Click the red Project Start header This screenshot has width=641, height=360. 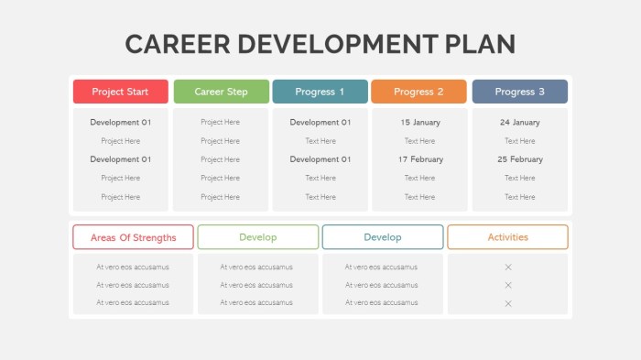[120, 92]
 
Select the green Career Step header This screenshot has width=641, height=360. [221, 92]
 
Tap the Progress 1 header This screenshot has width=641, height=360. [320, 92]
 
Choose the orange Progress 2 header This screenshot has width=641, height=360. [418, 92]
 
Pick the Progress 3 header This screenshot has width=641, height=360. [519, 92]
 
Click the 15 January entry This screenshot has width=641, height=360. [420, 122]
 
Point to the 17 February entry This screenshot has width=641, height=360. [420, 159]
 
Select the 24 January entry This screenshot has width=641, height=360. [519, 122]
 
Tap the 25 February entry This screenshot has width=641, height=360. [519, 159]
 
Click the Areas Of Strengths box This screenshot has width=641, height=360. [133, 237]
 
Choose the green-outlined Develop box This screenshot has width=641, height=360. [257, 237]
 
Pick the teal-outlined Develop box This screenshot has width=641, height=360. [383, 237]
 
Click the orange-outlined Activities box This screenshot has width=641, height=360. [507, 237]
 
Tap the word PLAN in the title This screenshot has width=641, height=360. [483, 44]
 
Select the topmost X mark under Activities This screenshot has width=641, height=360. [508, 267]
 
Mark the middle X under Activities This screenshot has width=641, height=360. [508, 285]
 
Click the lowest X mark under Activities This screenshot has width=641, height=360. [508, 303]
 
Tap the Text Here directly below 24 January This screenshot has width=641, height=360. [519, 141]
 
